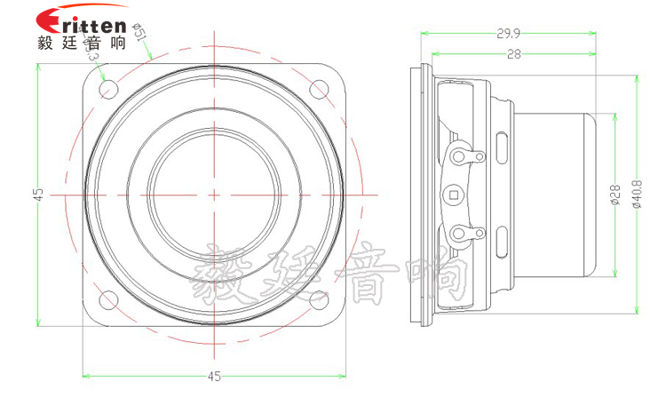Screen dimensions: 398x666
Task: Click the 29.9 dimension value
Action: point(508,34)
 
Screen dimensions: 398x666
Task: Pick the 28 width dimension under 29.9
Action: point(513,54)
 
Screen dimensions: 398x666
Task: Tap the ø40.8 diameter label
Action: point(636,195)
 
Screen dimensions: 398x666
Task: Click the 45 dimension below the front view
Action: point(214,376)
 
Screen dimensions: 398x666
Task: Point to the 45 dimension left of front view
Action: point(37,195)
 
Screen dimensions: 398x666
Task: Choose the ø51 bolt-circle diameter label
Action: point(139,36)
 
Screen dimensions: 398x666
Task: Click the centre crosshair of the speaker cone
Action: point(214,195)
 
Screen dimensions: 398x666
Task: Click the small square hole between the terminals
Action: point(454,194)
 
